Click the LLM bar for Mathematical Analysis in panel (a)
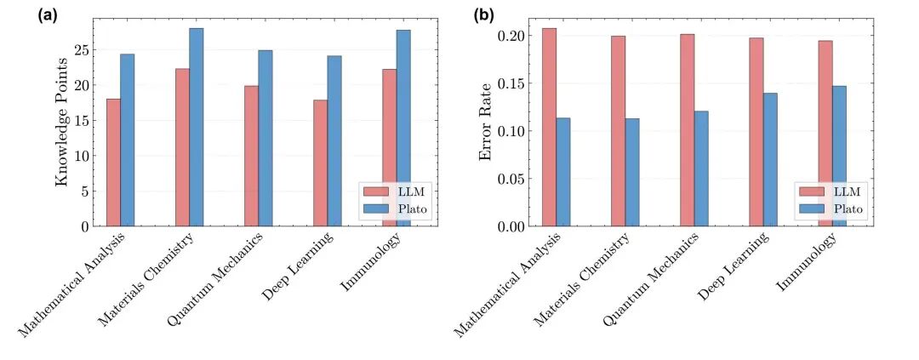pyautogui.click(x=113, y=163)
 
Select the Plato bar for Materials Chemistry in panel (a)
pyautogui.click(x=197, y=127)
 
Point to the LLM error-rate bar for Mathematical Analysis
pyautogui.click(x=550, y=127)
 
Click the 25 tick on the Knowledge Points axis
pyautogui.click(x=82, y=49)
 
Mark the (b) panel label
pyautogui.click(x=482, y=14)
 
